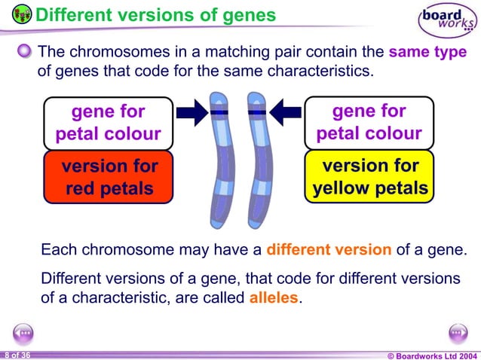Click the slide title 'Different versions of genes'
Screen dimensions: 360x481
[155, 14]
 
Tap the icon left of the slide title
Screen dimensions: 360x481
[22, 14]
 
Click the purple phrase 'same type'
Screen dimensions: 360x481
[427, 53]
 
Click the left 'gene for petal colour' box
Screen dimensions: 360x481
[108, 123]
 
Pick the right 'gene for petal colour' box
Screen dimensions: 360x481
[369, 123]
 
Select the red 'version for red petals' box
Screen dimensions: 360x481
[108, 177]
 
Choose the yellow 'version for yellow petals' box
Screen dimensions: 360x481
[369, 177]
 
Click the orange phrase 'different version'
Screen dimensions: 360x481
[329, 250]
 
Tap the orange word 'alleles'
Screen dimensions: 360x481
[274, 297]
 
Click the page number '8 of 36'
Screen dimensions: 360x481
[17, 354]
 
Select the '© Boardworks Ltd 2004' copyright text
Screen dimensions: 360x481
[432, 355]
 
